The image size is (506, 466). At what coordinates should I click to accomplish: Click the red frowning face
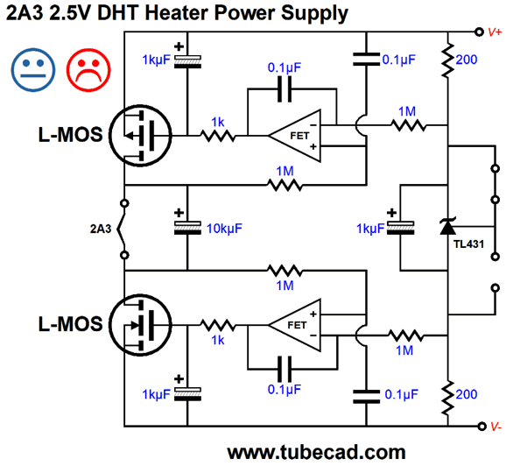88,70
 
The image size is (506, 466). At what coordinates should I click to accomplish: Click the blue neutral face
33,70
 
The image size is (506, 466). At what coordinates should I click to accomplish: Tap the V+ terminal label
495,32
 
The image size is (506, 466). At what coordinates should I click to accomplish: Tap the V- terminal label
496,427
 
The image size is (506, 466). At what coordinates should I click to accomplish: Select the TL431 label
468,244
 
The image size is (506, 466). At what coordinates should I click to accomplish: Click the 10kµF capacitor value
224,229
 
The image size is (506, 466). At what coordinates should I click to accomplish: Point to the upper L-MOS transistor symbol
140,136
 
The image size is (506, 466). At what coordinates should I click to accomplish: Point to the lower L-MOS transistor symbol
140,325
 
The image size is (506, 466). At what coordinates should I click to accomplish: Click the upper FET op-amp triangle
295,136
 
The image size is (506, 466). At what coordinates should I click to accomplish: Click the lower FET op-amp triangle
295,325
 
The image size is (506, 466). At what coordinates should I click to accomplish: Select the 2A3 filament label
101,229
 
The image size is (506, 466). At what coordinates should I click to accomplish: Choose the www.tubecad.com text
316,453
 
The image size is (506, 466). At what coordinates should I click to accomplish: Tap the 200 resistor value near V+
467,60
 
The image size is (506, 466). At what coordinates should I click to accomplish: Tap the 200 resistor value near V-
467,394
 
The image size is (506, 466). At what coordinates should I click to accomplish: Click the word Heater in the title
178,13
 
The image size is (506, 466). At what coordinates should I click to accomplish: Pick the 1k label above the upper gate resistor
218,122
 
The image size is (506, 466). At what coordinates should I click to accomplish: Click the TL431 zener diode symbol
448,226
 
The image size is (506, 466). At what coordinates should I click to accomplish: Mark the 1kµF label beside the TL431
370,229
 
